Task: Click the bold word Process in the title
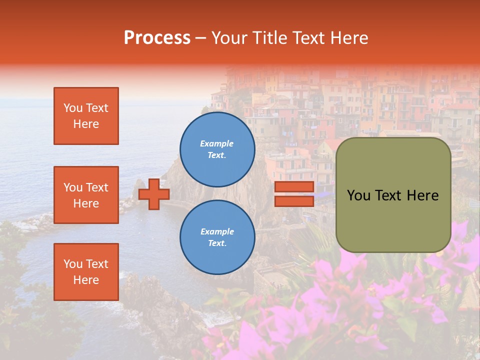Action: (157, 38)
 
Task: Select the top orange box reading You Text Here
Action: (86, 116)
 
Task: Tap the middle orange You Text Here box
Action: (86, 195)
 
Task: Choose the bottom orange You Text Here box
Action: (86, 272)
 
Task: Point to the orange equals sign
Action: (294, 194)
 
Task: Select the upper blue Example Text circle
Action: (217, 149)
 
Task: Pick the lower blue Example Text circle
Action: (217, 237)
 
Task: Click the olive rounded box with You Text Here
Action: (393, 195)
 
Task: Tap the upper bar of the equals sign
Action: (294, 187)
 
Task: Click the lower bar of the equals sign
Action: (294, 201)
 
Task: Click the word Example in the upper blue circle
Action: (217, 143)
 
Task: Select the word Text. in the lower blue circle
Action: (217, 243)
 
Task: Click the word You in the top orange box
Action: (73, 108)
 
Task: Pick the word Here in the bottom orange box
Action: (86, 280)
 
